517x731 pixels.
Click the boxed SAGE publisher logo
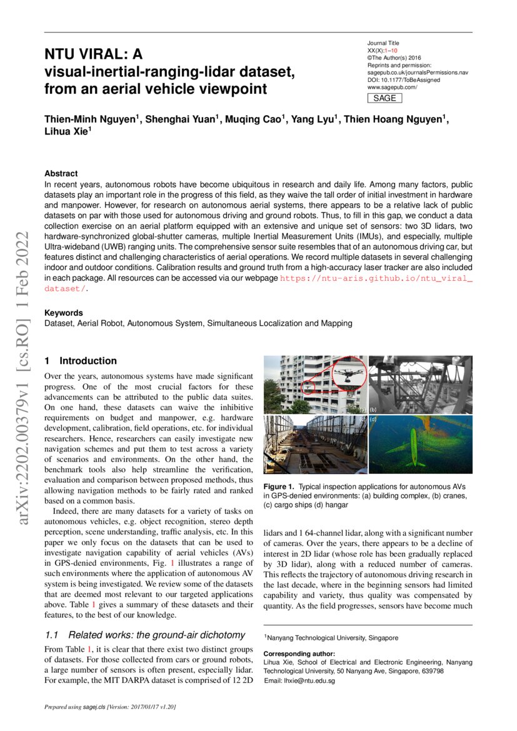pos(384,98)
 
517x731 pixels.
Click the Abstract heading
pos(61,173)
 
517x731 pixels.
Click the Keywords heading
pos(63,313)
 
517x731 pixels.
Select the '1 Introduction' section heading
pos(81,361)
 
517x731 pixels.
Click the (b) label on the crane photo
pos(373,410)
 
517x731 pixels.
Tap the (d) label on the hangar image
pos(373,418)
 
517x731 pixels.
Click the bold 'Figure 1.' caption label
pos(279,486)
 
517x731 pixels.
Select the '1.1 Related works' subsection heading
pos(144,635)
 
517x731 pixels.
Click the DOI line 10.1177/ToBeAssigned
pos(403,80)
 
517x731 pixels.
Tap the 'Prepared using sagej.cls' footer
pos(110,707)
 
